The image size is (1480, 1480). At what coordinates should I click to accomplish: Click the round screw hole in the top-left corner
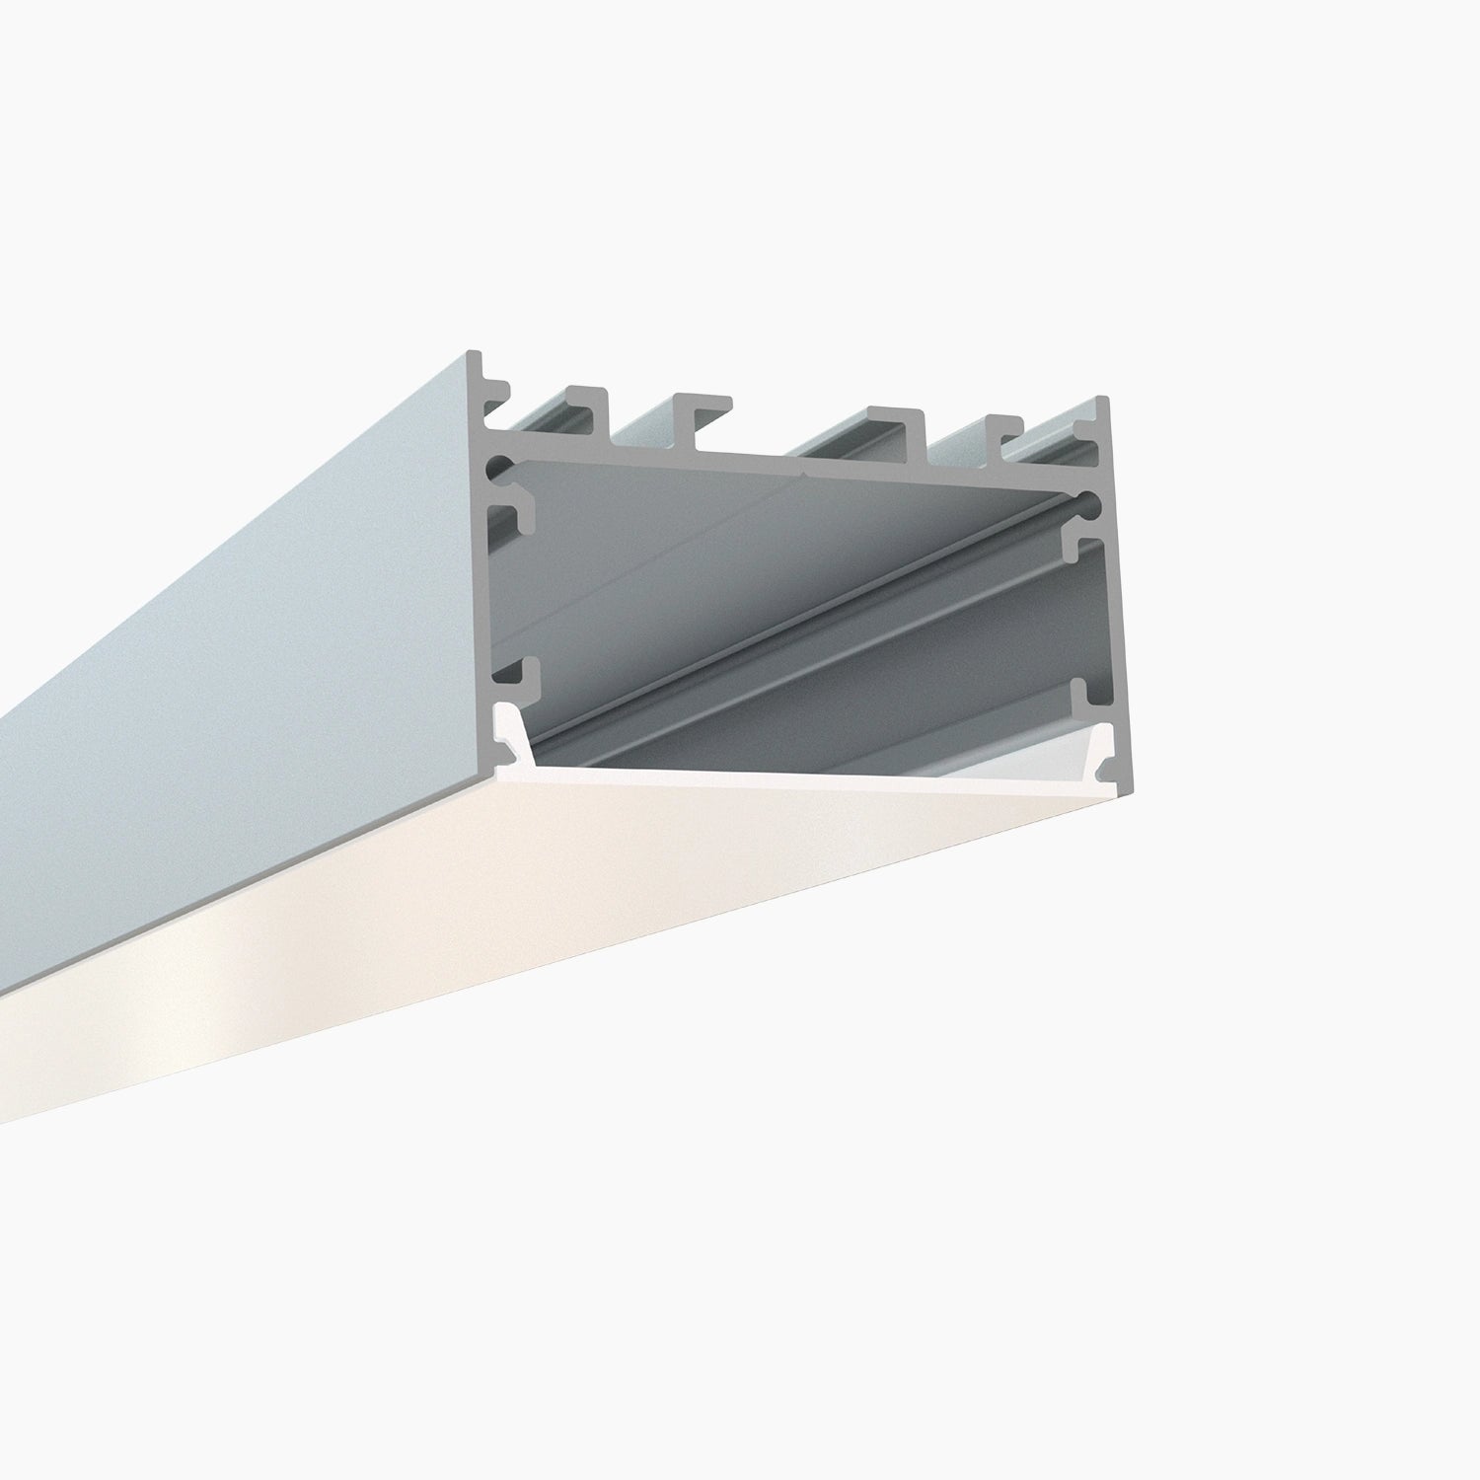point(502,465)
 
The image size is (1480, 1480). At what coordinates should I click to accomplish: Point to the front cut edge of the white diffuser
point(789,779)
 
